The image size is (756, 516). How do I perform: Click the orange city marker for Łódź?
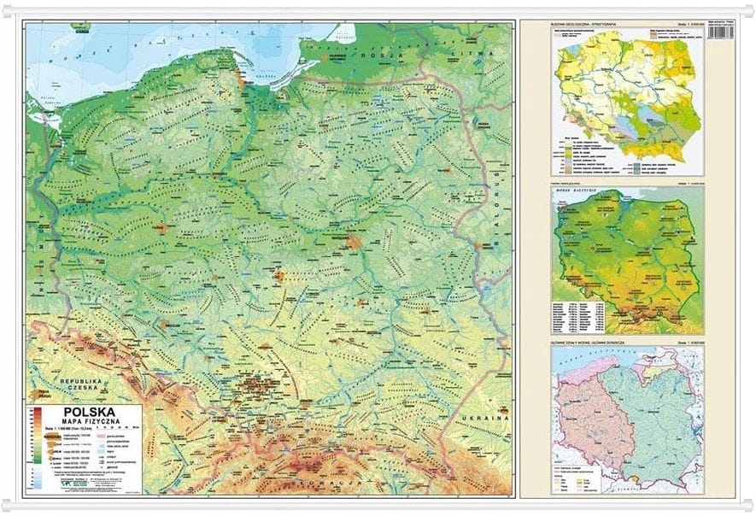(281, 276)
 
